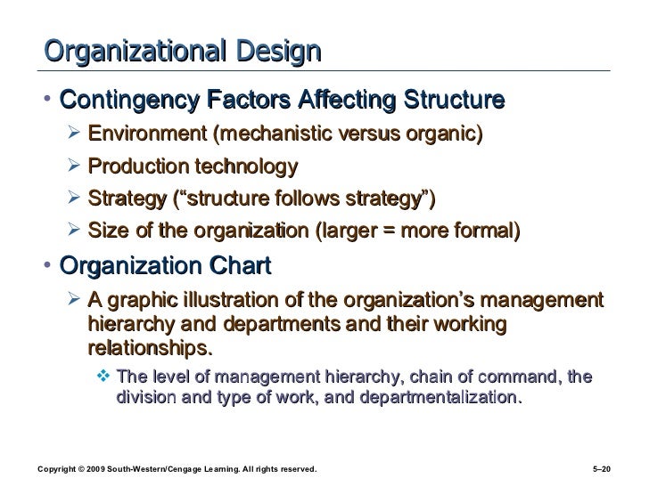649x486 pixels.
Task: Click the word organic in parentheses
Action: tap(447, 135)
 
